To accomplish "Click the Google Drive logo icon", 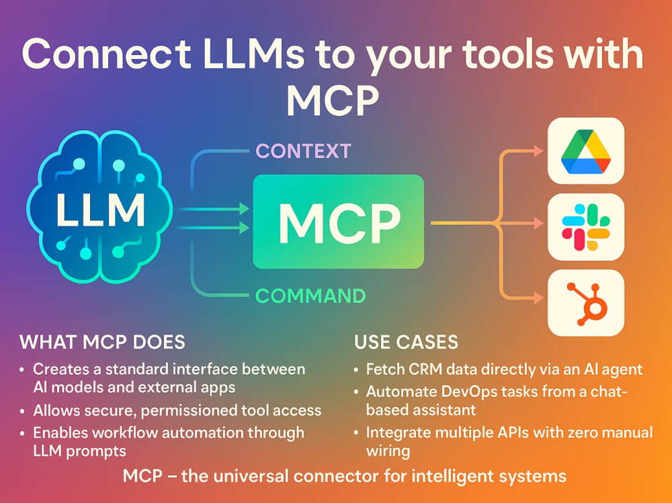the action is point(586,151).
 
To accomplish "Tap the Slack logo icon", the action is point(586,227).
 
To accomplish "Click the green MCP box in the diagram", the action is point(339,222).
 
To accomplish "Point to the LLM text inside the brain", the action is point(101,210).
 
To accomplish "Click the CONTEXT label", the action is point(304,151).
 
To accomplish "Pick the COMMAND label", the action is point(310,296).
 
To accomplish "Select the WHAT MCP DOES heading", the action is point(102,342).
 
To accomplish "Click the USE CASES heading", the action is point(407,342).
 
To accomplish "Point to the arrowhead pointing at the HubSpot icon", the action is point(538,298).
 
